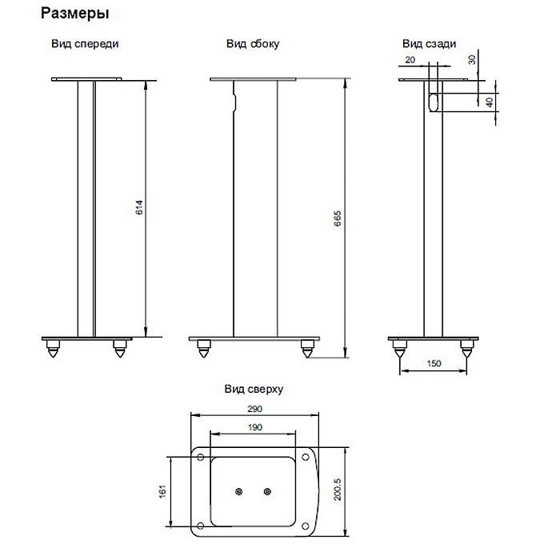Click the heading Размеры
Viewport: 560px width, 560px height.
point(74,14)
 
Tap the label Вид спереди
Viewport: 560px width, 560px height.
point(85,44)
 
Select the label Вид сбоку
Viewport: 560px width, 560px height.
point(253,44)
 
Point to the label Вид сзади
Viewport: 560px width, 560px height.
point(429,44)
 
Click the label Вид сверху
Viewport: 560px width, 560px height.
point(254,389)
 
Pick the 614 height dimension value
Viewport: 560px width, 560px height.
point(139,207)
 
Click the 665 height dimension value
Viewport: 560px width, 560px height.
point(337,218)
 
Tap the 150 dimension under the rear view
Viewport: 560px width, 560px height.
point(434,363)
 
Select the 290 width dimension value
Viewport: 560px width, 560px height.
point(254,409)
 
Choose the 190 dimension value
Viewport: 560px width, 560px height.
point(254,427)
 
